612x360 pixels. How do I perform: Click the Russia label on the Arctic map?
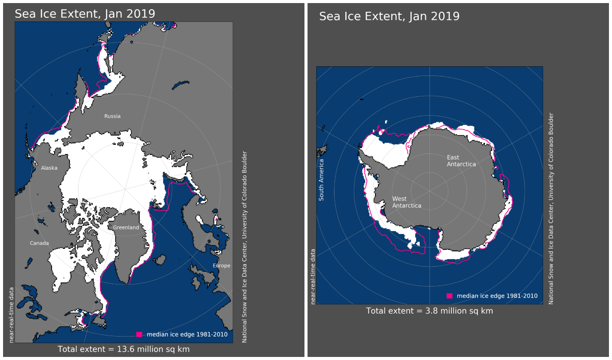click(112, 116)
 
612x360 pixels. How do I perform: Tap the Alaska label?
click(49, 168)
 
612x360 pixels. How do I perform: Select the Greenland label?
click(126, 227)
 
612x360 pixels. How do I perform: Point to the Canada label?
click(39, 243)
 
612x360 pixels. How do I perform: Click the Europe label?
click(221, 266)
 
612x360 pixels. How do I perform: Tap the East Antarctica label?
click(461, 161)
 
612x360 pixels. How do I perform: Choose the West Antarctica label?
click(406, 202)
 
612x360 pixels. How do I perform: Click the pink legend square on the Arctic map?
click(139, 335)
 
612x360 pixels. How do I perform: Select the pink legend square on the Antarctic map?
click(449, 296)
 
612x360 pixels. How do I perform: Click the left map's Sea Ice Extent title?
click(85, 14)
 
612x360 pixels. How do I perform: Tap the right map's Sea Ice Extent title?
click(389, 16)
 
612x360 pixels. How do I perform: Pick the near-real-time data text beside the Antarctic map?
click(313, 277)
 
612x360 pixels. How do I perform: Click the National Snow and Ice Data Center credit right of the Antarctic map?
click(551, 209)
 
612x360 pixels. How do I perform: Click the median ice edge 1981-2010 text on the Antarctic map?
click(497, 296)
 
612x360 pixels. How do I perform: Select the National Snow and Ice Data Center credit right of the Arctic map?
click(245, 247)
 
